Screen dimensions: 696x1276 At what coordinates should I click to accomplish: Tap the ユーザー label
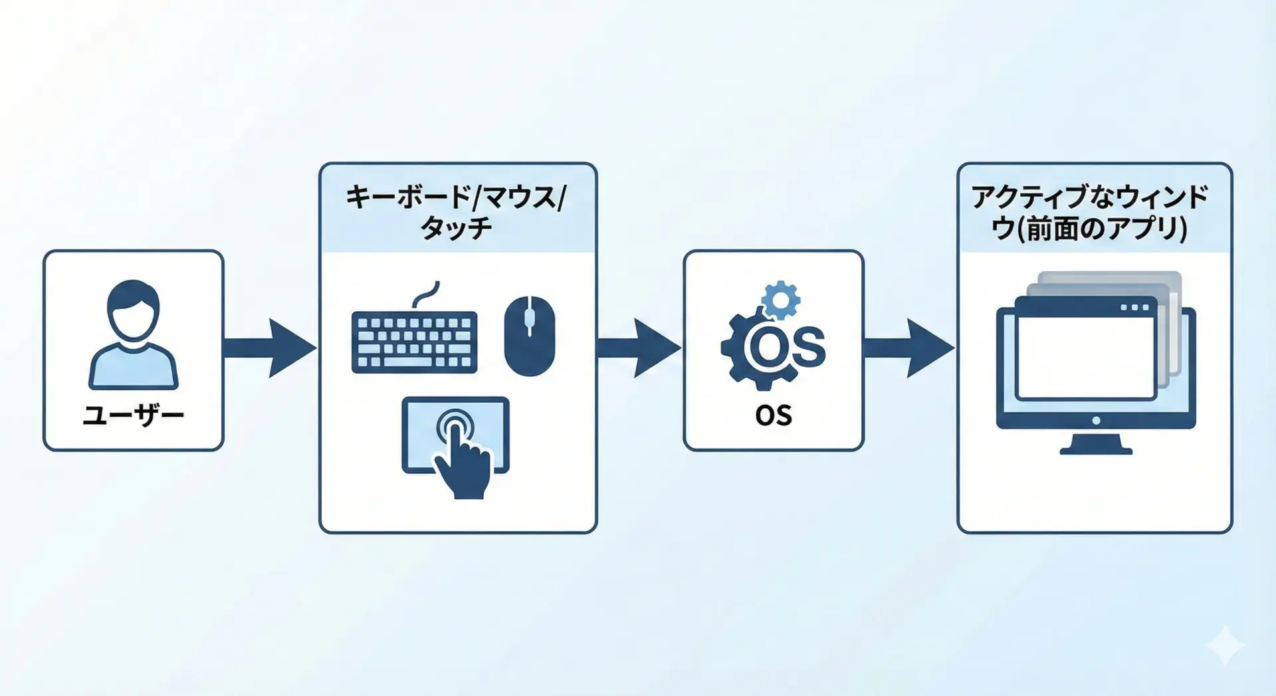coord(133,415)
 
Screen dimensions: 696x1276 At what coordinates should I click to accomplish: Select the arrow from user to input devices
coord(269,348)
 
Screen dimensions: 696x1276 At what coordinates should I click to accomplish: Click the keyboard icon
coord(414,342)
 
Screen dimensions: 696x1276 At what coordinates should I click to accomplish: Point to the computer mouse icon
coord(529,336)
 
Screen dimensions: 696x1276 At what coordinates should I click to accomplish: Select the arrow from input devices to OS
coord(638,348)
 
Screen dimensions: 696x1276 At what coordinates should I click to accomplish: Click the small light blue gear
coord(781,300)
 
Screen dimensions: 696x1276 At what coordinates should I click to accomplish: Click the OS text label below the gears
coord(774,415)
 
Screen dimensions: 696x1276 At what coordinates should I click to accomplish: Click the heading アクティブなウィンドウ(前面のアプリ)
coord(1089,212)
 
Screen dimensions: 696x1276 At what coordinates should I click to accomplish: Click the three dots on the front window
coord(1134,308)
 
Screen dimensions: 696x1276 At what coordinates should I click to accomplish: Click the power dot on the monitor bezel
coord(1096,420)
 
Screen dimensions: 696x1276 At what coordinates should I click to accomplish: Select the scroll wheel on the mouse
coord(529,318)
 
